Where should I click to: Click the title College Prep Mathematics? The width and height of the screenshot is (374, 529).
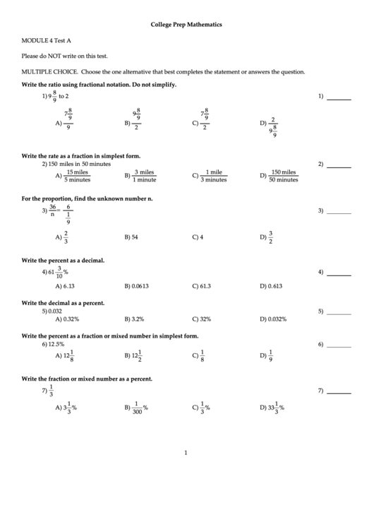186,24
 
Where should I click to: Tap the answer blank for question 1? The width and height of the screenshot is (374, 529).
339,99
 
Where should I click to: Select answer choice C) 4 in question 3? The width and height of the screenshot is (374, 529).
198,237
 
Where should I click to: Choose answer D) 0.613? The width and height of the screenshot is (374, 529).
270,286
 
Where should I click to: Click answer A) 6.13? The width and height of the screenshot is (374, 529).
65,286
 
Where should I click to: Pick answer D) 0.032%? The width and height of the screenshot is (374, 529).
272,319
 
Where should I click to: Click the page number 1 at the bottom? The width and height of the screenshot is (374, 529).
186,453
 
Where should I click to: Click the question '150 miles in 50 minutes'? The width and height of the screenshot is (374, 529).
76,163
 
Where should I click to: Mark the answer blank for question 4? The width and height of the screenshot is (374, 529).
339,274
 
